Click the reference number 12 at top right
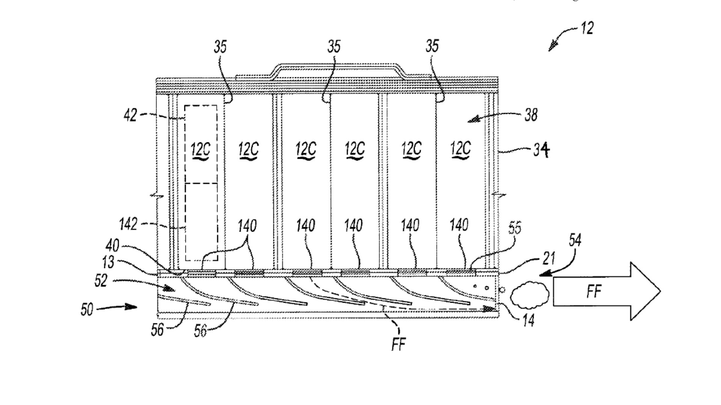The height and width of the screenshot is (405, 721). (587, 28)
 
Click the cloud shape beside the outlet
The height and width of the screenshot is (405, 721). (530, 292)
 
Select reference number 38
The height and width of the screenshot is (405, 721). (531, 114)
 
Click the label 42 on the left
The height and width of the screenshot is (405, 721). (130, 115)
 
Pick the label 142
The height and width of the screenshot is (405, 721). (128, 224)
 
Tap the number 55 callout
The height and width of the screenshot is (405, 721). (515, 228)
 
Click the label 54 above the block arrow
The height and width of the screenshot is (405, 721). (575, 240)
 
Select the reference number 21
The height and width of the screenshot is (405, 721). (549, 259)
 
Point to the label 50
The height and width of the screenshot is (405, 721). (87, 309)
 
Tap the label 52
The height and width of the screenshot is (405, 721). (101, 280)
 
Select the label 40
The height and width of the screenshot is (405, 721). (112, 246)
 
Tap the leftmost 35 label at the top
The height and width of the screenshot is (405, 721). (220, 47)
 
